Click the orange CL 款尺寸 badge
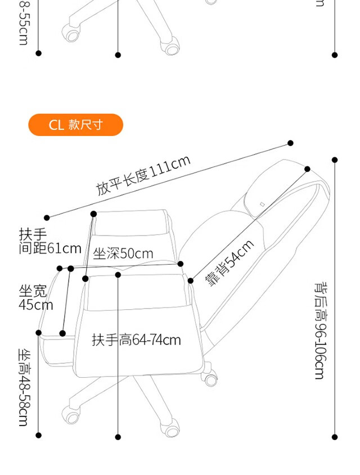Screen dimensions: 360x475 (75, 125)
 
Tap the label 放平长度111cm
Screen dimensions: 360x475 (143, 176)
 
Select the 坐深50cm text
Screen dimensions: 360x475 (123, 254)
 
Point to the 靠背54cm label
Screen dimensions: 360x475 (229, 263)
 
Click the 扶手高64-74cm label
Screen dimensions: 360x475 (137, 340)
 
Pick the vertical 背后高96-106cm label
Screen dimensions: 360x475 (320, 330)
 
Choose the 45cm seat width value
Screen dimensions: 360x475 (36, 305)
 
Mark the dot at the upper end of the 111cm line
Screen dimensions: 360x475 (291, 143)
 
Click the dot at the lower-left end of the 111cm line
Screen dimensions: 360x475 (47, 218)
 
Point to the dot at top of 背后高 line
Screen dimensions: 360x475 (335, 160)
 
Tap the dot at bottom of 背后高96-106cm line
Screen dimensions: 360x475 (335, 437)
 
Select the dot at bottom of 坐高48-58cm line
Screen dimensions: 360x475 (39, 435)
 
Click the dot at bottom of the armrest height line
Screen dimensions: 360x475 (118, 437)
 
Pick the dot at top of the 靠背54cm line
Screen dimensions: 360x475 (308, 169)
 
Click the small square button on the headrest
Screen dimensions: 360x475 (262, 203)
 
